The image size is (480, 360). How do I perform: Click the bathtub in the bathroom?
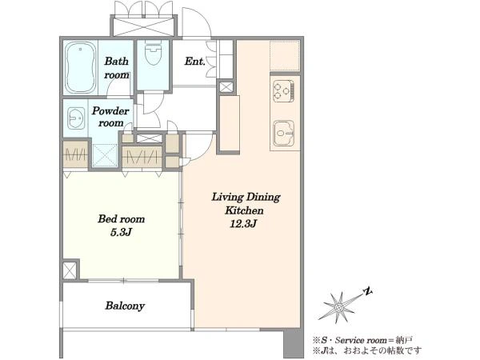coord(80,68)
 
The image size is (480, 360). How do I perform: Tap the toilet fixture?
coord(153,54)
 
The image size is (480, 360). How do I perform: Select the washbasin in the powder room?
coord(76,118)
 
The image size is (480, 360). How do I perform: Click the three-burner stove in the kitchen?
coord(284,90)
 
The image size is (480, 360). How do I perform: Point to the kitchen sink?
coord(284,133)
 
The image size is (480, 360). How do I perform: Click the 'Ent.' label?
coord(194,62)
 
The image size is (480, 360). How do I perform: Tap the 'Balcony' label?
coord(125,306)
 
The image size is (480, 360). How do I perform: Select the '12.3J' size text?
coord(243,224)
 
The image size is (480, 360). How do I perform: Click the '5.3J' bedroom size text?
coord(121,232)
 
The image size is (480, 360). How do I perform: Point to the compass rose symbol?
coord(339,307)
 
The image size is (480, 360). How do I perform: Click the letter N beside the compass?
coord(368,291)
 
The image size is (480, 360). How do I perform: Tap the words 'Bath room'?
coord(116,68)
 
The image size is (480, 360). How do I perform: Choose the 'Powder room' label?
coord(110,117)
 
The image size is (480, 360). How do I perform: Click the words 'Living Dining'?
coord(246,197)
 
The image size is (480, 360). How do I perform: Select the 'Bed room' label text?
coord(122,219)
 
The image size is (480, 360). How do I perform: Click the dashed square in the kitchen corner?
coord(284,55)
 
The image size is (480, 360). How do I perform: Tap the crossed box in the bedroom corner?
coord(70,270)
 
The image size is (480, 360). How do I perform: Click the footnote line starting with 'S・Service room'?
coord(362,340)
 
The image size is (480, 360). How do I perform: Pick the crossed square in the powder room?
coord(105,155)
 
